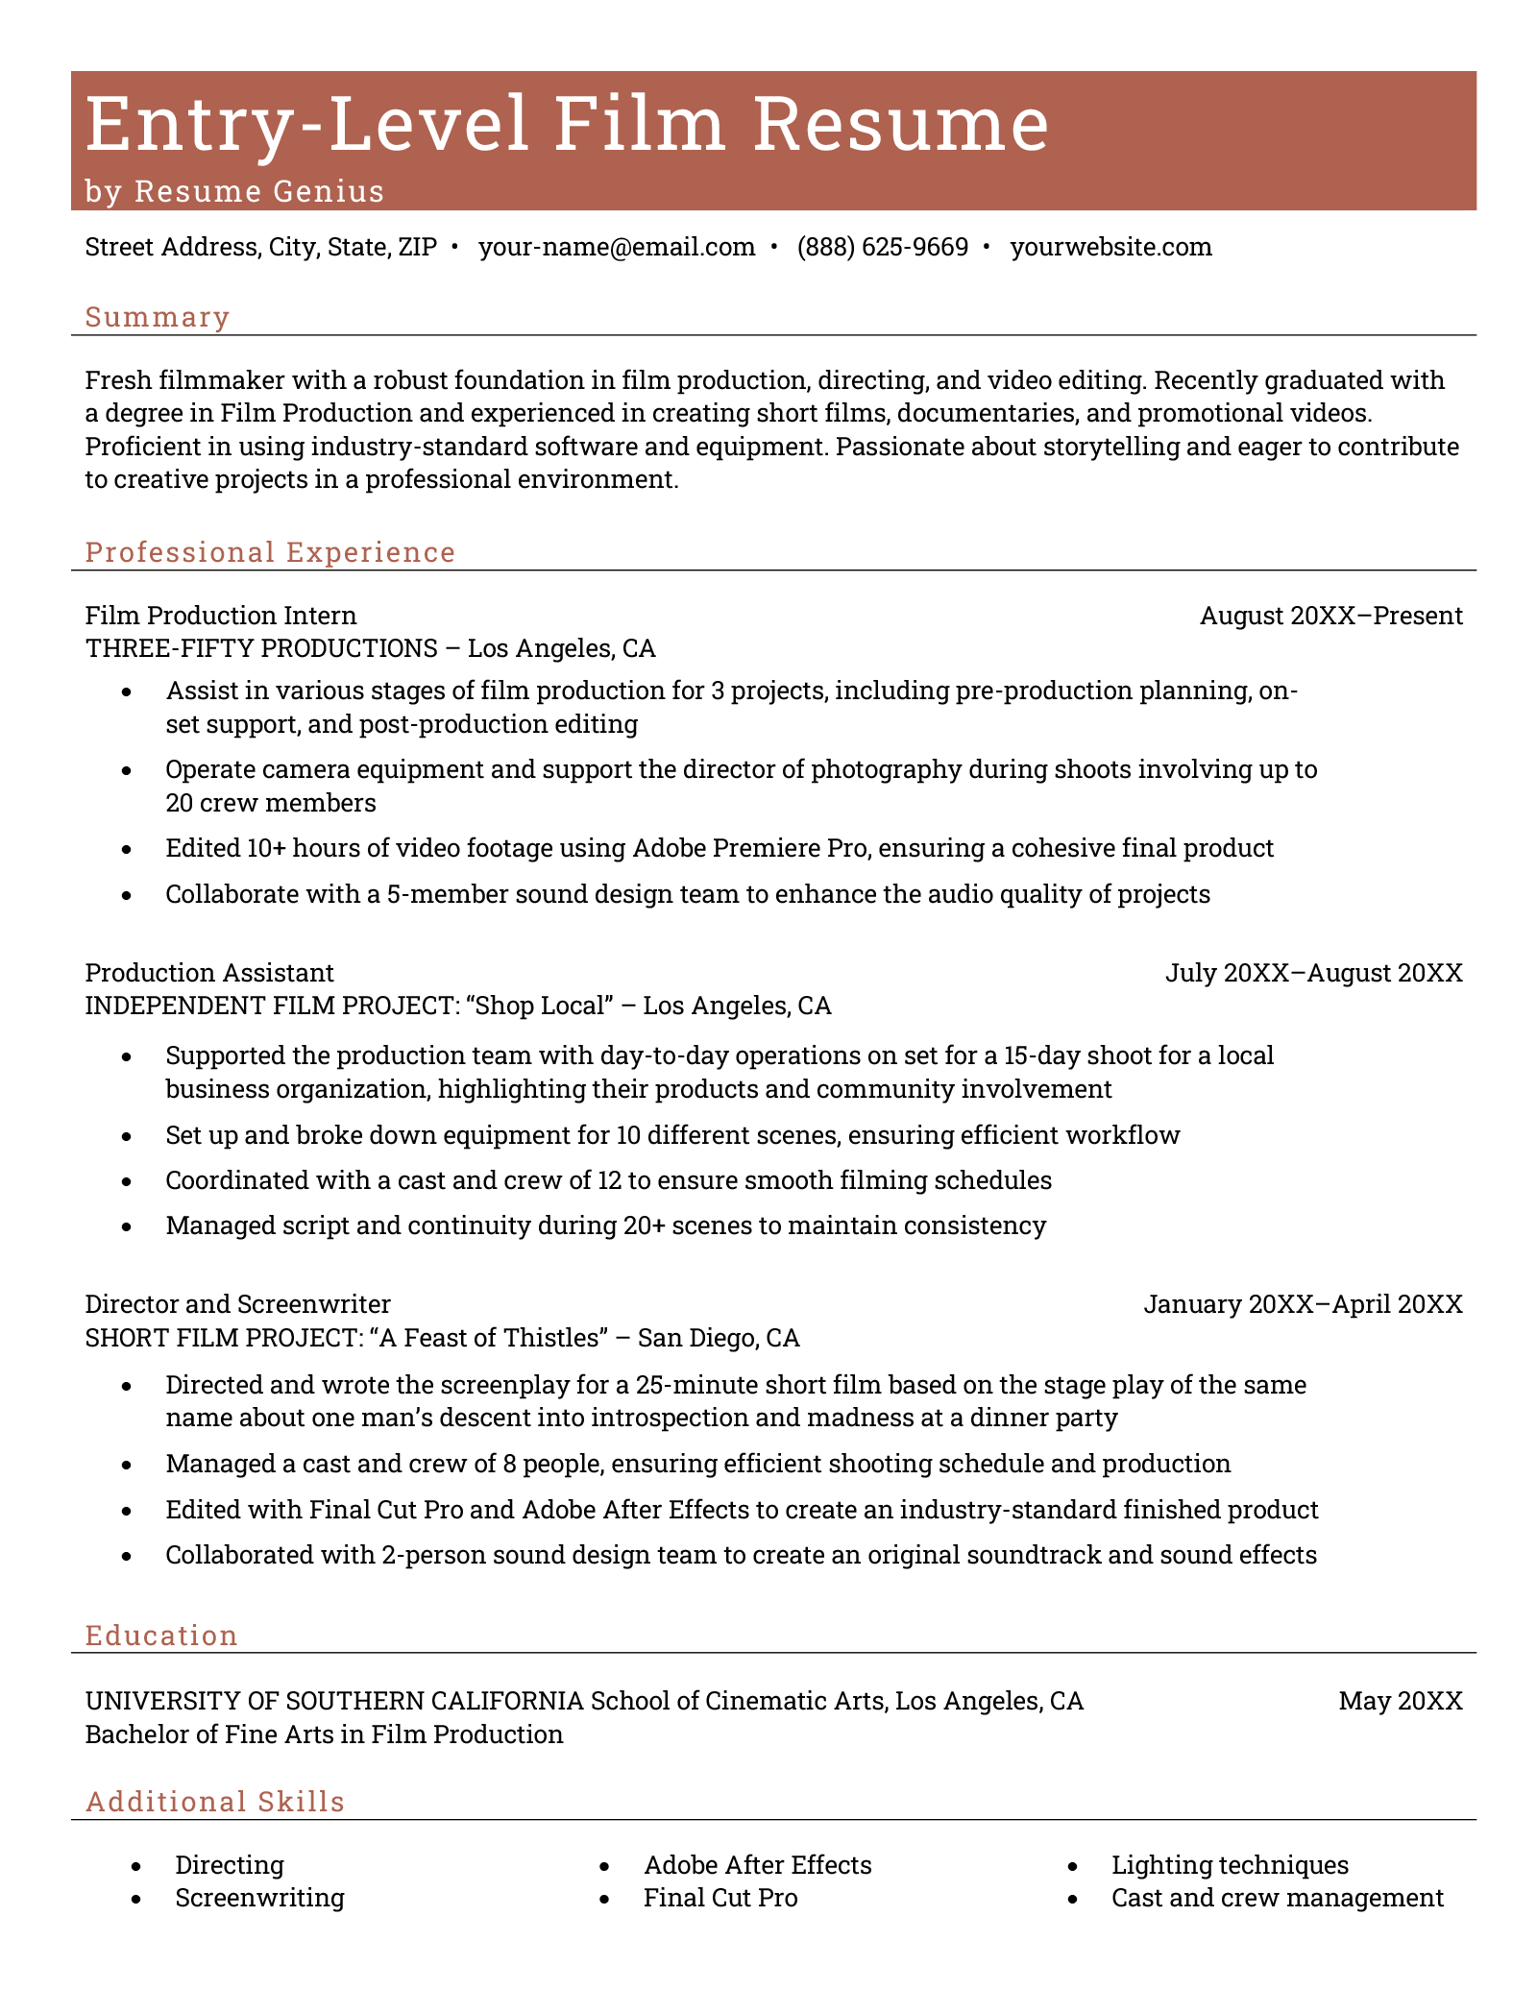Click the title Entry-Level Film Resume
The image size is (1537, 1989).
pos(567,124)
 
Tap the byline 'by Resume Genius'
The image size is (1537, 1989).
pos(234,192)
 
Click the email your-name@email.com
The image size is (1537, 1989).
pos(617,248)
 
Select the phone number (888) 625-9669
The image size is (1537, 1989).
pos(882,248)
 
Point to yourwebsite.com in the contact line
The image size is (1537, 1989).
pos(1110,248)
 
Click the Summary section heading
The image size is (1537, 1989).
pos(158,317)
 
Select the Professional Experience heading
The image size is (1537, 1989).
pos(270,552)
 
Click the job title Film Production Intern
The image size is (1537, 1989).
pos(221,616)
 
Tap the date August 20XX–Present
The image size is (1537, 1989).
pos(1330,616)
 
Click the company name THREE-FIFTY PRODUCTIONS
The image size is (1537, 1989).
pos(261,648)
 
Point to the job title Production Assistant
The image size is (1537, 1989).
pos(209,973)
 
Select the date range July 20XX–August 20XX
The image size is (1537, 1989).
pos(1313,973)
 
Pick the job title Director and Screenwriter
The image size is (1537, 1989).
pos(238,1304)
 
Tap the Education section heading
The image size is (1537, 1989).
pos(161,1636)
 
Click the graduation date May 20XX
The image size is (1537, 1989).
pos(1400,1702)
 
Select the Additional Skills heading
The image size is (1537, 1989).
pos(215,1802)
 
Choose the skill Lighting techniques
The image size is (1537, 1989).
pos(1230,1865)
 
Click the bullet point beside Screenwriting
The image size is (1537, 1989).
pos(136,1899)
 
